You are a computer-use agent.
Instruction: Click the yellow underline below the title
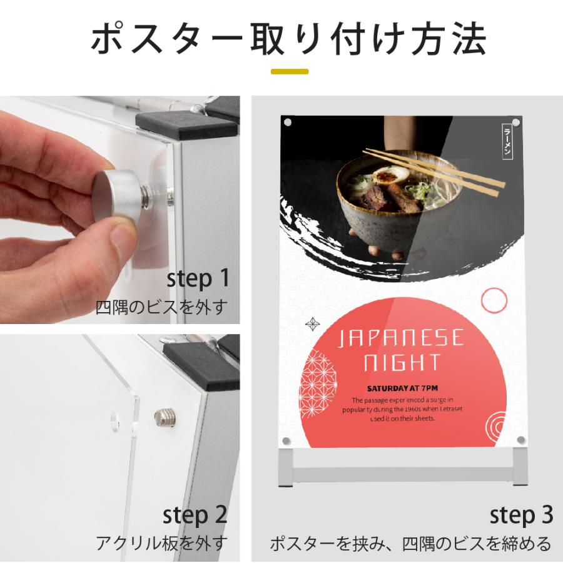coord(290,71)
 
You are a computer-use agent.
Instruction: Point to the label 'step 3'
coord(521,515)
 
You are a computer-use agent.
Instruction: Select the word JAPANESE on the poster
coord(401,338)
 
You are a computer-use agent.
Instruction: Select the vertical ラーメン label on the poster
coord(507,141)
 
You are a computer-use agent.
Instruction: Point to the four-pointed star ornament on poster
coord(312,324)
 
